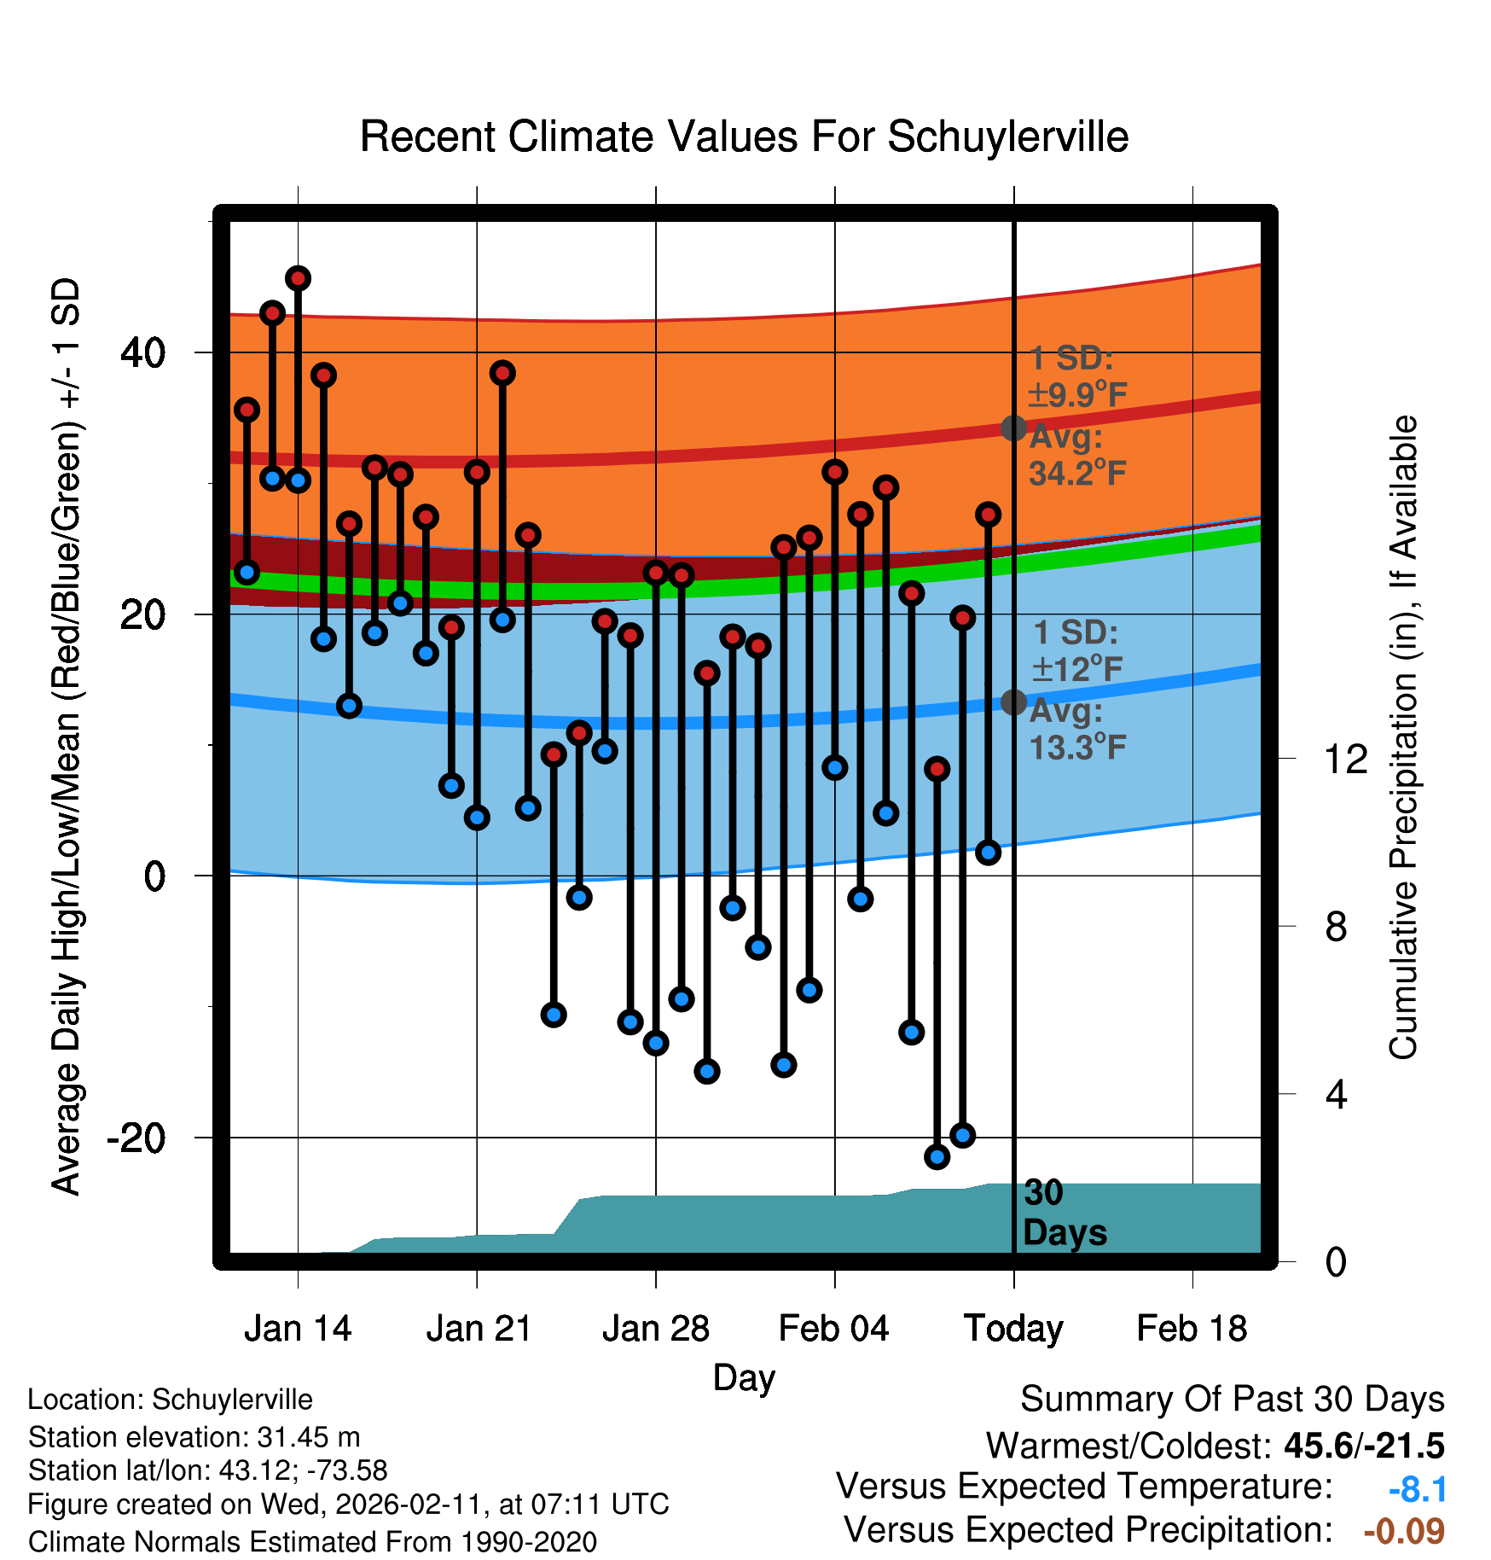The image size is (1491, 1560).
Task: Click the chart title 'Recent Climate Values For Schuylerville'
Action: [744, 137]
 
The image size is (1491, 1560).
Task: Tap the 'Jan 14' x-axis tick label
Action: [298, 1329]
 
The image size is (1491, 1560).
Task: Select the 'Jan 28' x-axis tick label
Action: [655, 1329]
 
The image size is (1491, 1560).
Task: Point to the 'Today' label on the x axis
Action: [1013, 1329]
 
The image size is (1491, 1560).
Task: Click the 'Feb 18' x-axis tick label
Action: [1192, 1329]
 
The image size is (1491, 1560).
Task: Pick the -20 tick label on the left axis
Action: [136, 1138]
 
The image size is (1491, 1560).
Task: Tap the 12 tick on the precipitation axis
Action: [1346, 759]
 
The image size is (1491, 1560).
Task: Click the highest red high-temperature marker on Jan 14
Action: [298, 278]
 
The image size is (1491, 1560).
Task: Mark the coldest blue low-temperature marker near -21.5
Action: [937, 1157]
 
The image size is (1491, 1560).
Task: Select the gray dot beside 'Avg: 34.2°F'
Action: [1013, 428]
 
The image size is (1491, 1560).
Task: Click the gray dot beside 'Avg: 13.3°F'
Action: [1013, 702]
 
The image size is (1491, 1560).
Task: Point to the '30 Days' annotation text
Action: [1064, 1213]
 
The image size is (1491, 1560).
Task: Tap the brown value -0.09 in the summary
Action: [1404, 1531]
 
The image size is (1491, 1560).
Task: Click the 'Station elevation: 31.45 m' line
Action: [194, 1437]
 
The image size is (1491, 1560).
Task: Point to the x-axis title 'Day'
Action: [744, 1377]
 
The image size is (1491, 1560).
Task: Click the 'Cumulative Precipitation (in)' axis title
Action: [1403, 737]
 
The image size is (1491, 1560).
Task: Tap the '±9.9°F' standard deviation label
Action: [1077, 395]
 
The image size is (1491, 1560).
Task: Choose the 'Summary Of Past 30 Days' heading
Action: [1232, 1400]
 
